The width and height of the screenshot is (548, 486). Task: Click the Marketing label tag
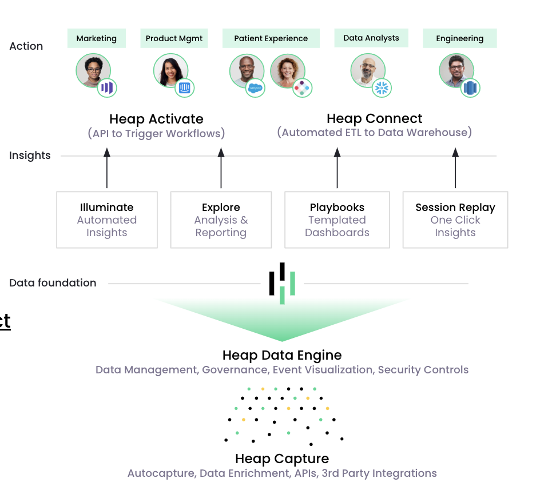click(x=96, y=38)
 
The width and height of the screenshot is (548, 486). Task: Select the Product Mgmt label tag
click(x=174, y=38)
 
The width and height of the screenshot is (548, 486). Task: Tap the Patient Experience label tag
click(x=271, y=38)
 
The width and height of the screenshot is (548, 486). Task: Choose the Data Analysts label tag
click(x=371, y=38)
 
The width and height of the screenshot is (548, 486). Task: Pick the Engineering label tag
click(x=459, y=38)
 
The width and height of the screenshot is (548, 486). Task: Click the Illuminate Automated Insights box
click(x=107, y=220)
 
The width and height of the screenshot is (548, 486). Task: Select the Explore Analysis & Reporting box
click(x=221, y=220)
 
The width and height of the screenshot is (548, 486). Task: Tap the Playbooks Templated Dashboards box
click(x=337, y=220)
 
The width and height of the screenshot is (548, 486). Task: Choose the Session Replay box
click(x=455, y=220)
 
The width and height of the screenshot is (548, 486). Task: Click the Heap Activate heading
click(x=156, y=119)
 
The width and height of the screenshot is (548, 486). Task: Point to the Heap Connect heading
click(x=374, y=118)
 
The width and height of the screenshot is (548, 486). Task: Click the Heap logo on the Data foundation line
click(x=282, y=283)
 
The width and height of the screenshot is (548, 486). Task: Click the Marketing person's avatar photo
click(x=93, y=70)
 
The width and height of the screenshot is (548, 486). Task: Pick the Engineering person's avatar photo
click(x=456, y=70)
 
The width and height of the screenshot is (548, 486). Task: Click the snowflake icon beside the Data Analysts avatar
click(x=381, y=87)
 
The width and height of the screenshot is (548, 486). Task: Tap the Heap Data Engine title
click(x=282, y=355)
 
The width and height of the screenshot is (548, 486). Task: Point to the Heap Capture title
click(x=282, y=459)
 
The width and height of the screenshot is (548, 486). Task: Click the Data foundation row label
click(x=53, y=282)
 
